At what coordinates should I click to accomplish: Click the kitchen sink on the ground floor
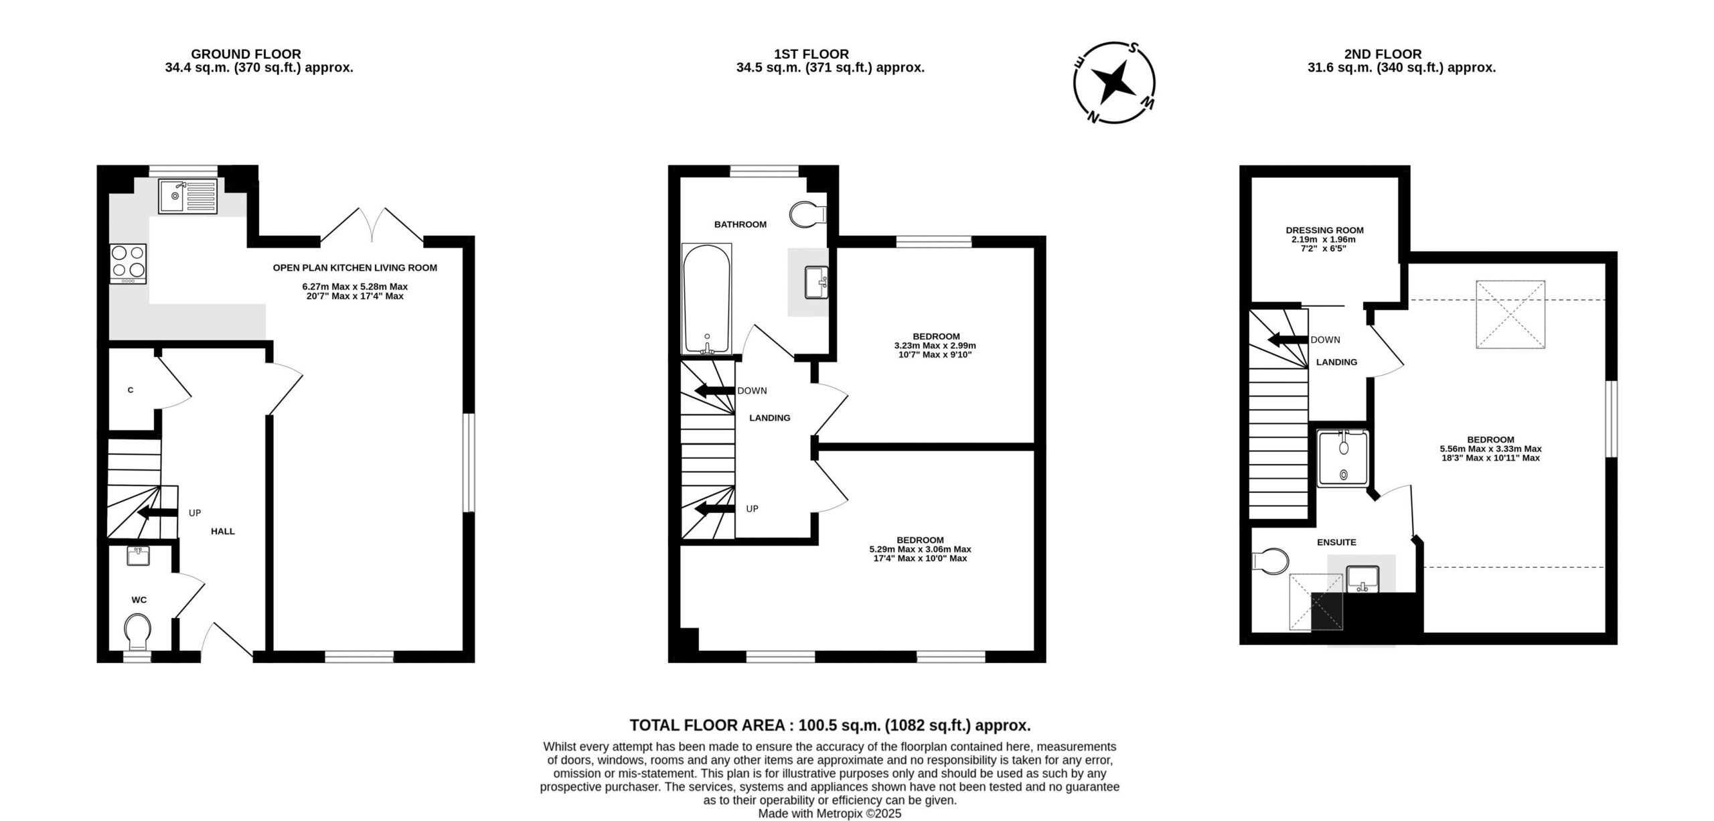click(x=188, y=196)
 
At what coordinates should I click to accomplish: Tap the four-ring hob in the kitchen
click(x=129, y=264)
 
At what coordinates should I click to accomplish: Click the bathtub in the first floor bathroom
click(x=706, y=299)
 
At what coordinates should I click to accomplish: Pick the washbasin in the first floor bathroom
click(x=816, y=283)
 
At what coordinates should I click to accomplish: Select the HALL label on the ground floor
click(x=223, y=531)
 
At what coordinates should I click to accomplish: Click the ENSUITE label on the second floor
click(x=1336, y=542)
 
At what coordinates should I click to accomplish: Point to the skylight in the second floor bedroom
click(x=1511, y=314)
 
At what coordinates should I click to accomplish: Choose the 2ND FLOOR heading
click(x=1383, y=54)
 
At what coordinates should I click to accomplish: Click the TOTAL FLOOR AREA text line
click(x=830, y=725)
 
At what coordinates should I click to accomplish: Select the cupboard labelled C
click(x=131, y=390)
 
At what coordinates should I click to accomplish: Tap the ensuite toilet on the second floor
click(x=1269, y=563)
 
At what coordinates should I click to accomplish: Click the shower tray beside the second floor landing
click(x=1343, y=459)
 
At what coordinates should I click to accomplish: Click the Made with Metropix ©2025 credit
click(x=830, y=814)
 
